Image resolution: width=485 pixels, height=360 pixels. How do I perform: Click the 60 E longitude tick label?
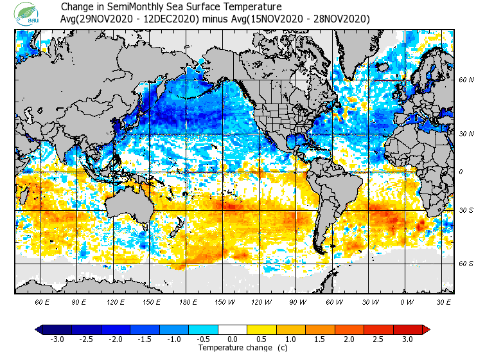click(42, 301)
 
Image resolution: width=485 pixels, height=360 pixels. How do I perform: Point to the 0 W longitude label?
click(407, 301)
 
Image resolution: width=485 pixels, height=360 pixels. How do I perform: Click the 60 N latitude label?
click(466, 80)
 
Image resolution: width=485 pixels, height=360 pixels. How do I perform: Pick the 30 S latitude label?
click(466, 210)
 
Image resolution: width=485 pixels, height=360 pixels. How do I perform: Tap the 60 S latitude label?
click(466, 264)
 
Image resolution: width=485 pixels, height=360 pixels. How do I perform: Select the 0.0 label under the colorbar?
click(233, 339)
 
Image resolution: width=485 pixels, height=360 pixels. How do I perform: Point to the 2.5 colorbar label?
click(378, 339)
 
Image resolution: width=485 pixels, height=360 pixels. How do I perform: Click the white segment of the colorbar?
click(233, 329)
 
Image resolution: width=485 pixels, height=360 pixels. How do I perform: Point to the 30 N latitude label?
click(466, 134)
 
